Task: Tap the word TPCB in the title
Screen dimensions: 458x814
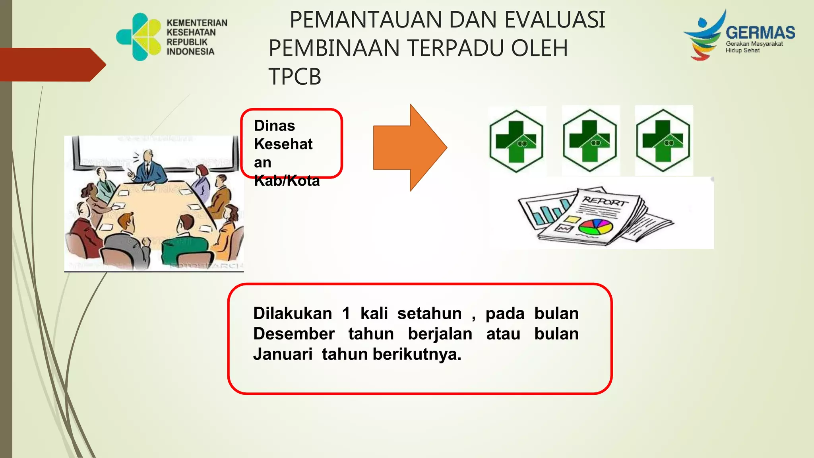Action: [295, 77]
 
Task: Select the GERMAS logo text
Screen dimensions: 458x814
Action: [760, 33]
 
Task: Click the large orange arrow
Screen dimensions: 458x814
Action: [409, 147]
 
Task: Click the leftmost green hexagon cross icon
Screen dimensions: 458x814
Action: [516, 141]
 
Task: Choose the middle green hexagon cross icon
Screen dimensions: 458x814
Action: [590, 141]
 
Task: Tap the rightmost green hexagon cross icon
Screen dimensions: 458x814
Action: [663, 141]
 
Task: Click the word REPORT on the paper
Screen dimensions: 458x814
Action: [605, 201]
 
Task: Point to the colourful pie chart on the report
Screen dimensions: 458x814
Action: [595, 227]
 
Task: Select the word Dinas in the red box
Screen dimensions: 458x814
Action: [274, 126]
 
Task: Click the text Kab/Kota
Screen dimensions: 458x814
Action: [287, 181]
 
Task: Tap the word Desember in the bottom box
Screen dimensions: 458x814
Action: [294, 334]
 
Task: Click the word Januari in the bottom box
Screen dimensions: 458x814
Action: [283, 354]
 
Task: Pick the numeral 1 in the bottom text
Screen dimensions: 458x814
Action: [346, 314]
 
